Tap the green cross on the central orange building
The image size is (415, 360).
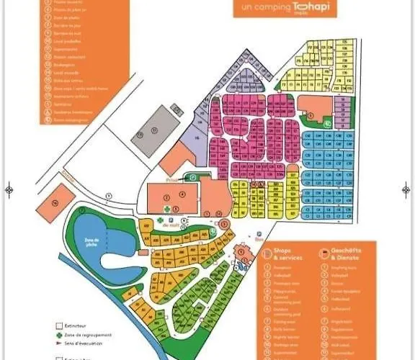coord(169,209)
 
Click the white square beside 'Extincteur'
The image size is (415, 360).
coord(59,325)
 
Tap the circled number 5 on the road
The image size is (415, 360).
coord(108,195)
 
